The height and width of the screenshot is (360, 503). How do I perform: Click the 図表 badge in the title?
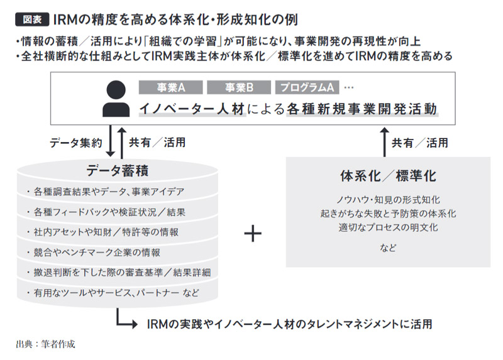pyautogui.click(x=32, y=19)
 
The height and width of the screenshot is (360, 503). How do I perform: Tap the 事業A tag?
pyautogui.click(x=170, y=87)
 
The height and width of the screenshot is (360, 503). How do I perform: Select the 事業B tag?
pyautogui.click(x=239, y=87)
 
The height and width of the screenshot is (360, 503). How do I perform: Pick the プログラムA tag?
pyautogui.click(x=307, y=87)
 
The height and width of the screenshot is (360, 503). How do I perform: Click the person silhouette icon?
pyautogui.click(x=116, y=99)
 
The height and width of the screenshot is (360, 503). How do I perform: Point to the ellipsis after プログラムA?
pyautogui.click(x=349, y=87)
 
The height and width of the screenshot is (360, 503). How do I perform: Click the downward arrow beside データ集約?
pyautogui.click(x=111, y=141)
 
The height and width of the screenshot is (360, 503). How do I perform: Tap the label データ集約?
pyautogui.click(x=76, y=143)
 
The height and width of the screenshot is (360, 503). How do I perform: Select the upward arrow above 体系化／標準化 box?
pyautogui.click(x=385, y=142)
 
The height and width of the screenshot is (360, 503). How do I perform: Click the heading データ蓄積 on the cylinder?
pyautogui.click(x=118, y=170)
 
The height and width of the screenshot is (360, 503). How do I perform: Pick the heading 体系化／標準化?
pyautogui.click(x=388, y=176)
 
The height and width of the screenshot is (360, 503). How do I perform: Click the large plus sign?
pyautogui.click(x=253, y=233)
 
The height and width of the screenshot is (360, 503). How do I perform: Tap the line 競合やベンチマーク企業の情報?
pyautogui.click(x=97, y=253)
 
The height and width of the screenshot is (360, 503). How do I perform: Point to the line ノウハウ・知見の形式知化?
pyautogui.click(x=388, y=200)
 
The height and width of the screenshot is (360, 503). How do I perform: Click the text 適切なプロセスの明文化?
pyautogui.click(x=388, y=227)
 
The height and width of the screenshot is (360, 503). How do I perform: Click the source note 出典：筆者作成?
pyautogui.click(x=45, y=344)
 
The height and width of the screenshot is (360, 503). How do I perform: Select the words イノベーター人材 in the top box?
pyautogui.click(x=192, y=109)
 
